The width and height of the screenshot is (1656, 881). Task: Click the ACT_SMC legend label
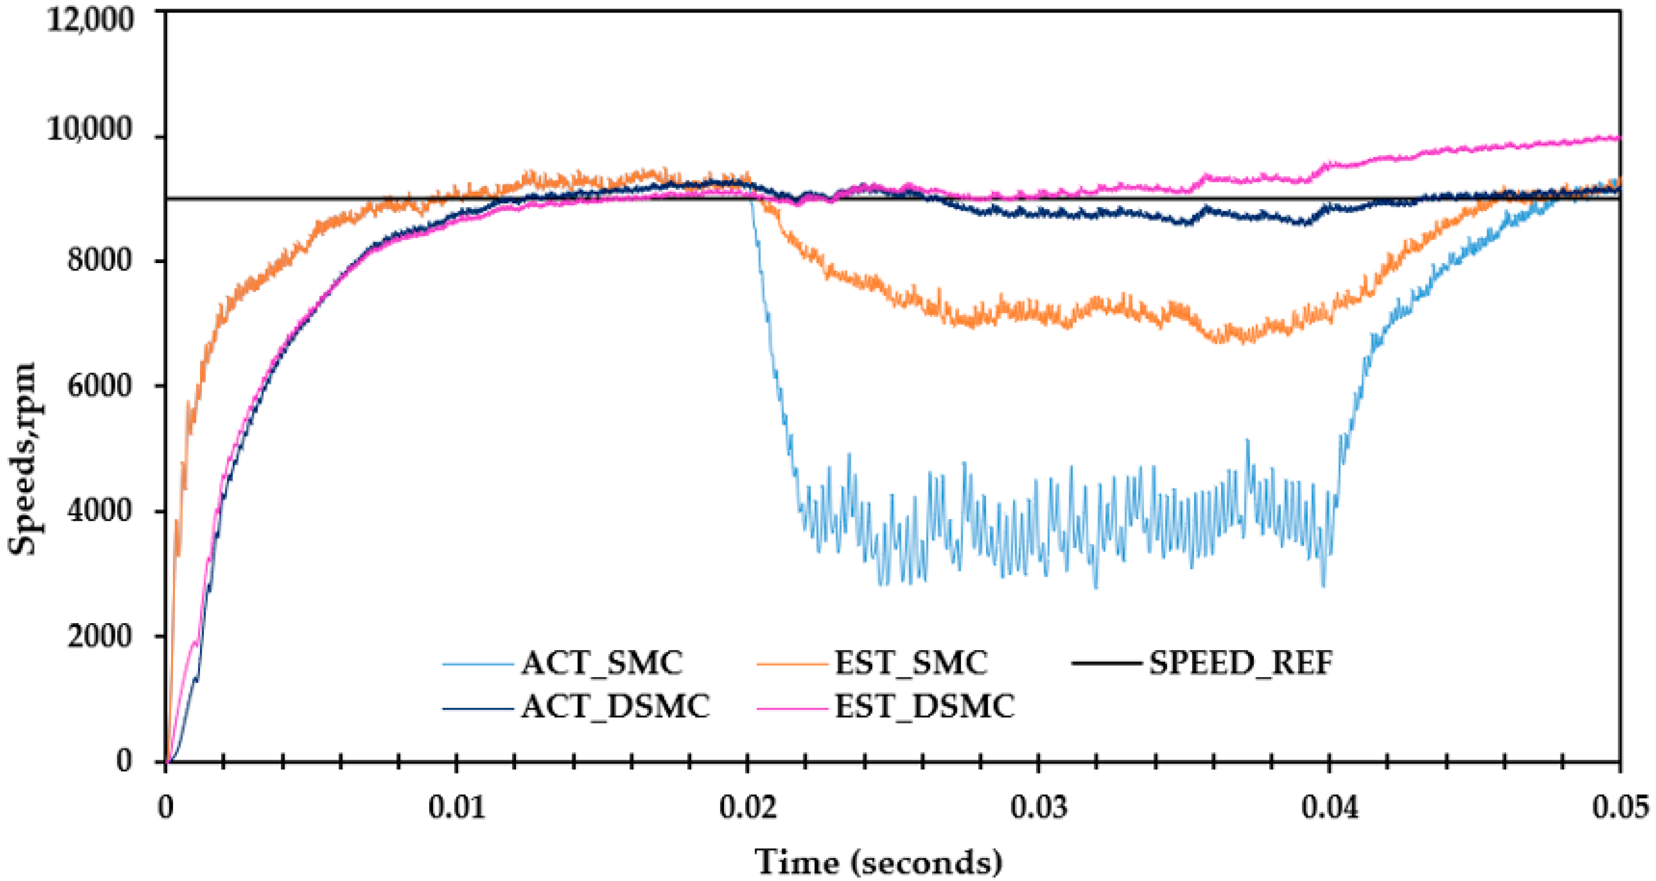pyautogui.click(x=601, y=663)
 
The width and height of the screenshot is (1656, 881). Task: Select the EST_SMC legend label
pyautogui.click(x=910, y=663)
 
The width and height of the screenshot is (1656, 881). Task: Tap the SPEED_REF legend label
pyautogui.click(x=1241, y=663)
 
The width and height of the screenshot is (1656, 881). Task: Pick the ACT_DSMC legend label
pyautogui.click(x=615, y=706)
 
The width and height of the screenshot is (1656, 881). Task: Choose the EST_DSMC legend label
pyautogui.click(x=924, y=706)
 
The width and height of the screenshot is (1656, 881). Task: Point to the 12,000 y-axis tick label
pyautogui.click(x=90, y=20)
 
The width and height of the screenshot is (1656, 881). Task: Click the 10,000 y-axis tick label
pyautogui.click(x=90, y=129)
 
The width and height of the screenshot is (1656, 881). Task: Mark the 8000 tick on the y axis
pyautogui.click(x=99, y=260)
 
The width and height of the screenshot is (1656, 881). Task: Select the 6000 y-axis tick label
pyautogui.click(x=99, y=385)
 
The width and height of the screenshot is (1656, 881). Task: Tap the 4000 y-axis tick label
pyautogui.click(x=99, y=511)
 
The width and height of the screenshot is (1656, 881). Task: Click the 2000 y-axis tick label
pyautogui.click(x=99, y=636)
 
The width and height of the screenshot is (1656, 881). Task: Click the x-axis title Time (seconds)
pyautogui.click(x=878, y=861)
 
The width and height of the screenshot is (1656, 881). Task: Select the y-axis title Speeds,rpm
pyautogui.click(x=22, y=458)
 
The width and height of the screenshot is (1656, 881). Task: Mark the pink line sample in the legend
pyautogui.click(x=792, y=708)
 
